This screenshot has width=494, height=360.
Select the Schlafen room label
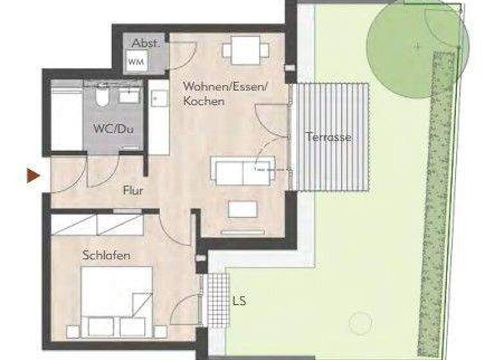(x=106, y=256)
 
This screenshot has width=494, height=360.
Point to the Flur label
(x=133, y=191)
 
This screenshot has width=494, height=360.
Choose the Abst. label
(x=145, y=43)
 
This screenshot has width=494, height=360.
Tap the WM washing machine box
(x=136, y=62)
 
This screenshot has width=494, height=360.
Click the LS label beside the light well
(x=240, y=300)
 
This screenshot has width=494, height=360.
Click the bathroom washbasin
(x=129, y=95)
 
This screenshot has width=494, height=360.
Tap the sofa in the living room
(x=242, y=170)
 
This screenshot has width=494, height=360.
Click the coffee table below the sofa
(x=242, y=209)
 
